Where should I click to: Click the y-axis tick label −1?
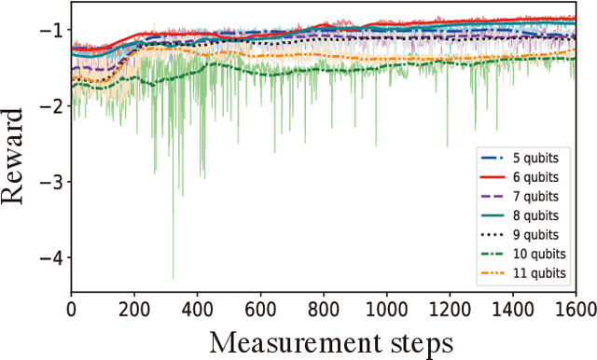(x=52, y=30)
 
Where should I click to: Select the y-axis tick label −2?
(x=52, y=105)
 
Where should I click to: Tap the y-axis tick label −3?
(x=52, y=181)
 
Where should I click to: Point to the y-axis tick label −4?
(x=52, y=256)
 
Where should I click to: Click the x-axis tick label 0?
(x=72, y=306)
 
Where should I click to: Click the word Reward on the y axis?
(x=19, y=154)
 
